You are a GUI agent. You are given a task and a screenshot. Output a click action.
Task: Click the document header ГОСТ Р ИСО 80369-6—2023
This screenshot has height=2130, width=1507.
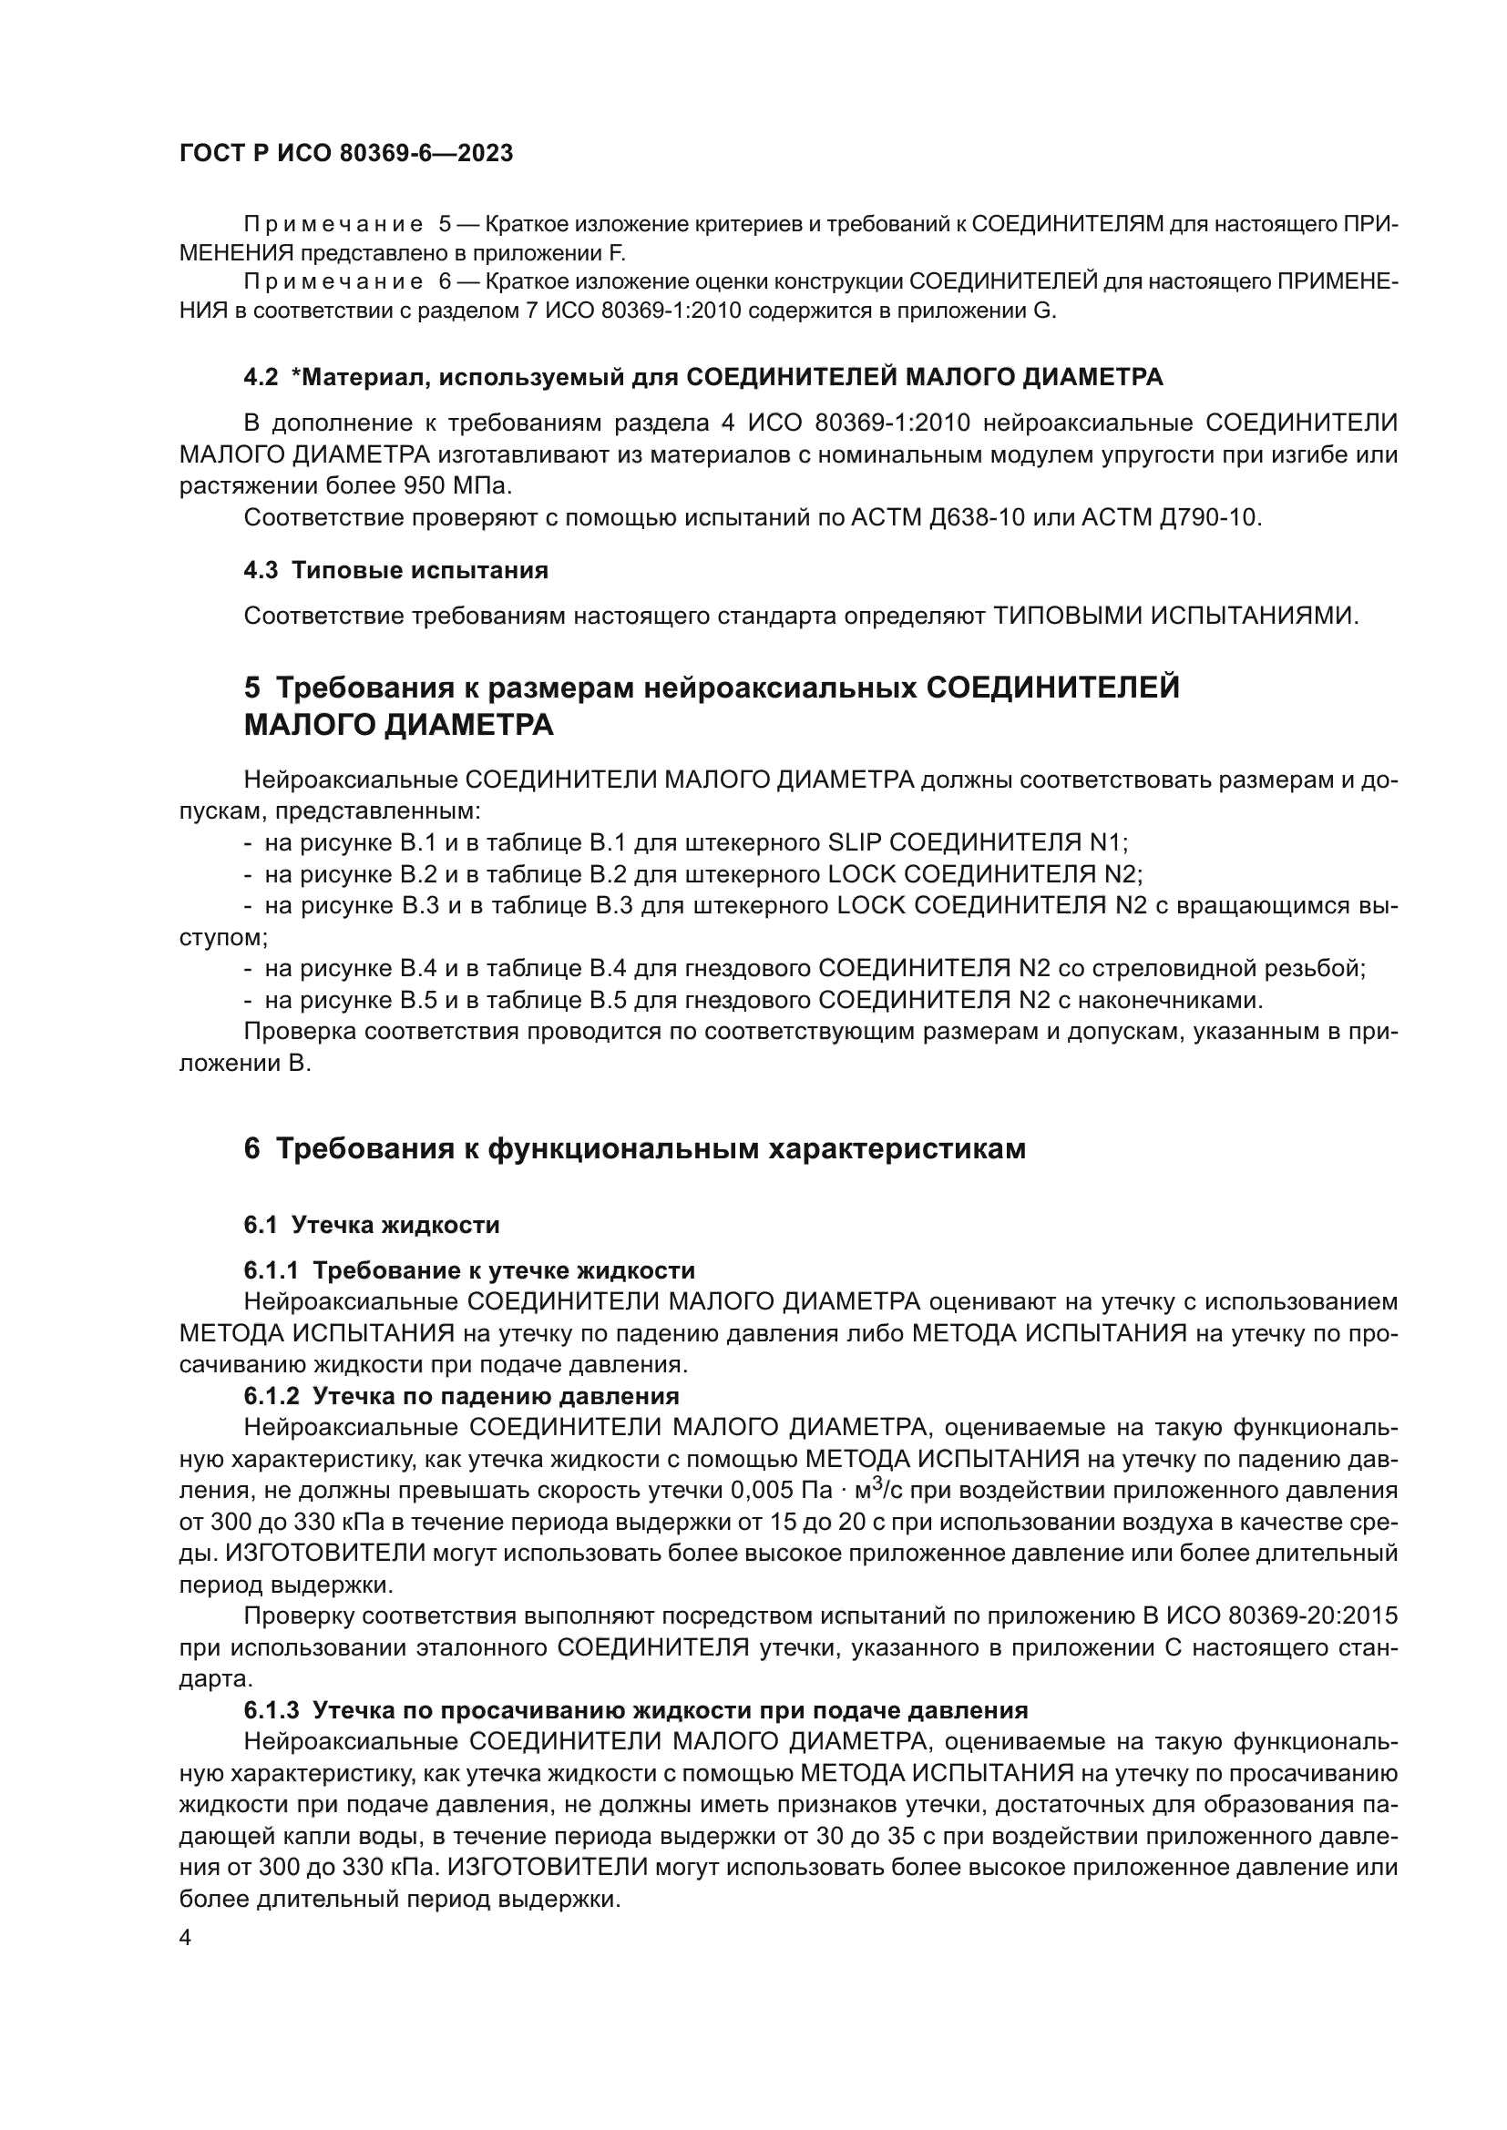tap(345, 154)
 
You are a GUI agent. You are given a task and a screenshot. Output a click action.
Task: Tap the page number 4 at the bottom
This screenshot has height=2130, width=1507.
tap(186, 1939)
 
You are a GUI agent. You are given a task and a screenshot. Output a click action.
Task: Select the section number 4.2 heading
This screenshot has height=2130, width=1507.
tap(261, 378)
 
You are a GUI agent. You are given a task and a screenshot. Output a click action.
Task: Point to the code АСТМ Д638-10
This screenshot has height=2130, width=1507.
tap(938, 517)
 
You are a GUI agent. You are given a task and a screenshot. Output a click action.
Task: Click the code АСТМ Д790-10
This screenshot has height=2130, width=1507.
tap(1171, 517)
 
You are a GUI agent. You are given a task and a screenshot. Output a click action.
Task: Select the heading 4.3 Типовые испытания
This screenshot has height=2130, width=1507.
tap(395, 571)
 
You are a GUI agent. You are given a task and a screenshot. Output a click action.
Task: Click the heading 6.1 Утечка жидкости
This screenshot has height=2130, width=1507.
tap(371, 1226)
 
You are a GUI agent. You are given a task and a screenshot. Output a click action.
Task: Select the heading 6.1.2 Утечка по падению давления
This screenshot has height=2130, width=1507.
tap(461, 1396)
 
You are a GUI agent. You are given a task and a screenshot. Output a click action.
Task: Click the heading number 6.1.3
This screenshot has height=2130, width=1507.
tap(271, 1711)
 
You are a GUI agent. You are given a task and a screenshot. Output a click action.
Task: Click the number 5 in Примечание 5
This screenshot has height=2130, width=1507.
tap(445, 225)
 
